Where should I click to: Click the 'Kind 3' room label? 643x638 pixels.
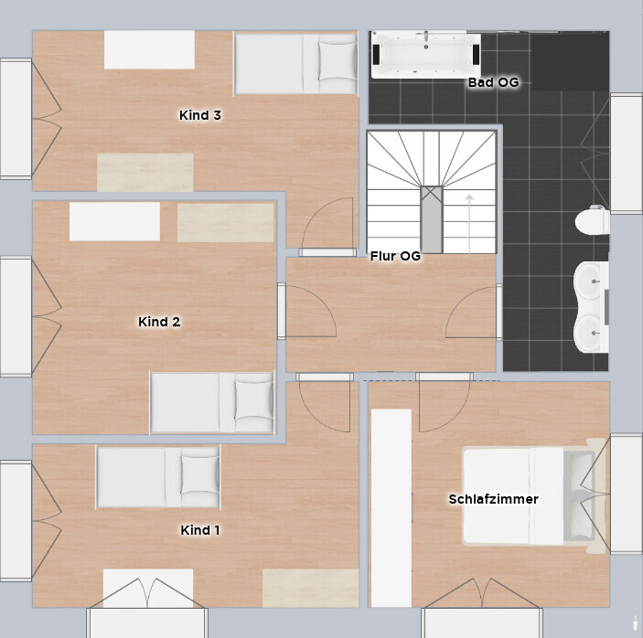click(x=200, y=115)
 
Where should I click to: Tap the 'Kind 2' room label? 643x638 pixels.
click(x=159, y=322)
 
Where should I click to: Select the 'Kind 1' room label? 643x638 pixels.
click(x=200, y=530)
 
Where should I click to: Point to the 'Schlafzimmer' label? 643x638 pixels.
click(x=493, y=499)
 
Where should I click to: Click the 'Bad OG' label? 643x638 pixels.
click(x=493, y=82)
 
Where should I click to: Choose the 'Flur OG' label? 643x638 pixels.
click(x=395, y=256)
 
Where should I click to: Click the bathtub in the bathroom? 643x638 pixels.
click(x=425, y=55)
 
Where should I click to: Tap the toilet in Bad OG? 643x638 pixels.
click(x=592, y=221)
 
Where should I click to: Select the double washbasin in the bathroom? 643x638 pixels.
click(x=591, y=307)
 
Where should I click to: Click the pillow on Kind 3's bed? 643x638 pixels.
click(x=338, y=61)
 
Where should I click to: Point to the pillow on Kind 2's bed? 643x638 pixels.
click(x=253, y=400)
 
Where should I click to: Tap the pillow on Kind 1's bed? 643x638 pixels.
click(x=199, y=474)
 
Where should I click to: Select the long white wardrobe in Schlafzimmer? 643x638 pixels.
click(x=391, y=507)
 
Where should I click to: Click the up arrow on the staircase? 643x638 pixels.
click(x=469, y=224)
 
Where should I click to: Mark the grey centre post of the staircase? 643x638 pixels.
click(x=432, y=219)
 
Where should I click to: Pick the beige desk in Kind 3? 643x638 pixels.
click(x=145, y=173)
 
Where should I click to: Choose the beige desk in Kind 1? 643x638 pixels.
click(x=310, y=588)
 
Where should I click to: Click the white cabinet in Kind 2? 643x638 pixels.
click(x=114, y=221)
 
